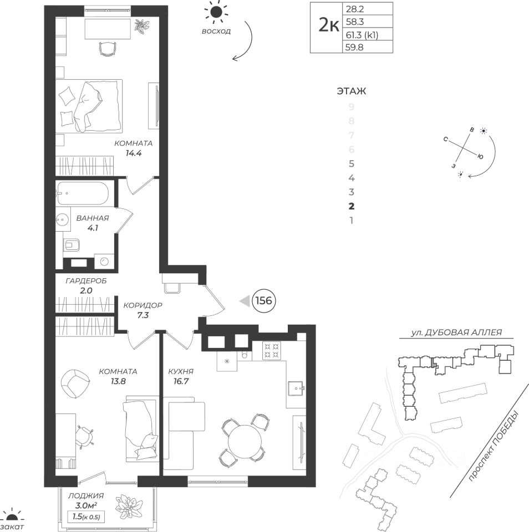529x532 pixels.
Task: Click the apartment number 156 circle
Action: tap(264, 301)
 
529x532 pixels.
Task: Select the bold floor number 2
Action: tap(350, 206)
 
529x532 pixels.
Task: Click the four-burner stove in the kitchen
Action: tap(272, 349)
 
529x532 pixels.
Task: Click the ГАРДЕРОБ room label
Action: tap(86, 281)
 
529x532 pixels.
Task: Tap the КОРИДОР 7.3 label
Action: tap(143, 310)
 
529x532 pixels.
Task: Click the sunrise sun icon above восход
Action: tap(215, 11)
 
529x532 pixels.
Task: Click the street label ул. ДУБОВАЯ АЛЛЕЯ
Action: tap(456, 332)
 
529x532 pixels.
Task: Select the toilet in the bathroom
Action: tap(72, 244)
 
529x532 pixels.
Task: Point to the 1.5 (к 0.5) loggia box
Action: tap(86, 517)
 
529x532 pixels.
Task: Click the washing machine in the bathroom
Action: tap(103, 260)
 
